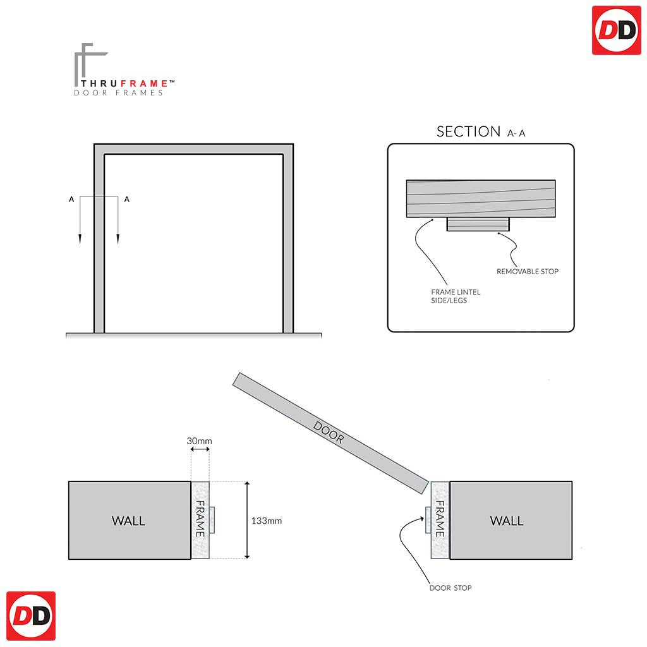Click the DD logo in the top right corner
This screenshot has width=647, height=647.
(x=616, y=30)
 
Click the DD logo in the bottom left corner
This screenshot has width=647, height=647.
(x=30, y=616)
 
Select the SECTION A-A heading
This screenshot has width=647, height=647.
(x=480, y=131)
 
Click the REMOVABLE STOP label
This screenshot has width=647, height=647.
(x=528, y=271)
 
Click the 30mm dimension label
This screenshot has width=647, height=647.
(x=200, y=440)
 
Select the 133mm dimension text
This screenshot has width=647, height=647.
(x=267, y=521)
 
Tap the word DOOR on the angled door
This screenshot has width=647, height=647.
(x=329, y=433)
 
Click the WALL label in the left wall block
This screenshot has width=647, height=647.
(x=128, y=521)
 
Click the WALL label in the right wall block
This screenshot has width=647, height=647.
(x=507, y=521)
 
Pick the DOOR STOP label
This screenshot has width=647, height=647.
(x=450, y=588)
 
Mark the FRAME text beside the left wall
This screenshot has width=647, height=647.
(x=200, y=519)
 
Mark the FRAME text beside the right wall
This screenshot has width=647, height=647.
(x=440, y=519)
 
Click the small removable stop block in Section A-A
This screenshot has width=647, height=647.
(x=478, y=224)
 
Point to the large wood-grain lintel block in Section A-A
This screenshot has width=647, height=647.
(x=480, y=198)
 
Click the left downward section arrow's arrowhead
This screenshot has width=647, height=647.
(x=80, y=238)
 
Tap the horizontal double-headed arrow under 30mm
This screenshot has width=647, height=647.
(x=200, y=450)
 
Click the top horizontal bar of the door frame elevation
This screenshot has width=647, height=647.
(x=193, y=149)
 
